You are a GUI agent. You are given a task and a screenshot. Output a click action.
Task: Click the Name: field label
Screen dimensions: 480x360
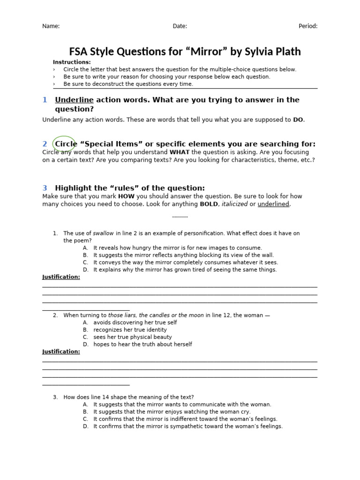(x=51, y=26)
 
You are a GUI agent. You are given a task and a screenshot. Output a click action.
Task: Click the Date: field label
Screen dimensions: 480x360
(x=180, y=26)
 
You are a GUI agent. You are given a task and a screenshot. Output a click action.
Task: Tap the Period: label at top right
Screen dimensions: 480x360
(x=308, y=26)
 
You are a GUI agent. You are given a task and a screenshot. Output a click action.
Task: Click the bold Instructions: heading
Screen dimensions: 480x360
(x=72, y=62)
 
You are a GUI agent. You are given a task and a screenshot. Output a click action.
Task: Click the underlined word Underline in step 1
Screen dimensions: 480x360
(x=74, y=100)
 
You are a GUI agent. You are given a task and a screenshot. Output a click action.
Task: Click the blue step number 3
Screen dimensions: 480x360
(x=45, y=188)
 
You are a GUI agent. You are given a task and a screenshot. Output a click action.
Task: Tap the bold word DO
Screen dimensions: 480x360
(x=298, y=120)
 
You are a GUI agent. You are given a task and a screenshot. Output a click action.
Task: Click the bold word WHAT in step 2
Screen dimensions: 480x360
(x=179, y=152)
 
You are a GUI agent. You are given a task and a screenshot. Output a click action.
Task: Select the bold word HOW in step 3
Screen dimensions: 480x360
(x=126, y=196)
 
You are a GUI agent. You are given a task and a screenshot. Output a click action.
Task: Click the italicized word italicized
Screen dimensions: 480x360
(x=234, y=204)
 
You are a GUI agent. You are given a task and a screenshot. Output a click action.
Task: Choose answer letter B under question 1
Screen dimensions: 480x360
(x=85, y=255)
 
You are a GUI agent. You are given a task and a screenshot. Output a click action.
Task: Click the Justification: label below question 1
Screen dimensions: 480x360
(x=61, y=277)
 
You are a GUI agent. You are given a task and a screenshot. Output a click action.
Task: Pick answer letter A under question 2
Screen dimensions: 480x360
(x=85, y=322)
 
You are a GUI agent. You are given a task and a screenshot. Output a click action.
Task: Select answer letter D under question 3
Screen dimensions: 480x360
(x=85, y=427)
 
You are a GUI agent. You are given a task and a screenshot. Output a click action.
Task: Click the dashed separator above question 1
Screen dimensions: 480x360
(x=180, y=217)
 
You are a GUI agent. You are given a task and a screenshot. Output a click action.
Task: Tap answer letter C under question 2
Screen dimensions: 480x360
(x=85, y=337)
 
